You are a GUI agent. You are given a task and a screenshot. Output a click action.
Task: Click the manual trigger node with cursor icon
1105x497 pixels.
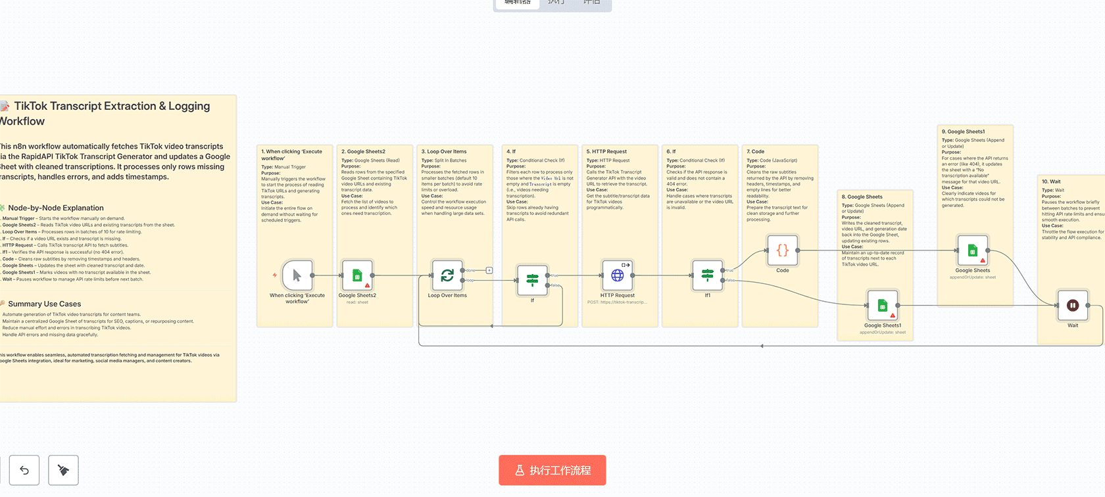(x=297, y=275)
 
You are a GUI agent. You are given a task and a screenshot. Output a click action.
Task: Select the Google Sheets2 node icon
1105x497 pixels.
(x=357, y=275)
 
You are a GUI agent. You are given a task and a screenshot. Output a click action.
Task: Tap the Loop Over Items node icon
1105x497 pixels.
(x=447, y=275)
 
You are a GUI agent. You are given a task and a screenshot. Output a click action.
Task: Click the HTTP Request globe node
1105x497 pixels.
(x=617, y=275)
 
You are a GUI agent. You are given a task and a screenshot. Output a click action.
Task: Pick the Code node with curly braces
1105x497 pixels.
(x=782, y=250)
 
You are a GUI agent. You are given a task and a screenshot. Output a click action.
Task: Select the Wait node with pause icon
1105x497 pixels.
(x=1072, y=305)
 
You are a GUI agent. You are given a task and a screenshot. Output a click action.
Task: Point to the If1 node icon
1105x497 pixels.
(x=708, y=275)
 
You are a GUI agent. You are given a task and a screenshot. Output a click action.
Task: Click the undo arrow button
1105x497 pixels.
(x=24, y=470)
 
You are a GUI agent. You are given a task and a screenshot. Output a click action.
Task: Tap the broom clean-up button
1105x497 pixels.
(x=63, y=470)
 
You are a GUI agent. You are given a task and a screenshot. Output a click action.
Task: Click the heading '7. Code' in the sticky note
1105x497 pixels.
(x=755, y=152)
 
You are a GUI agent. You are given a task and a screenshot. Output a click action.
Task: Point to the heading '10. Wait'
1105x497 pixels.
(x=1051, y=181)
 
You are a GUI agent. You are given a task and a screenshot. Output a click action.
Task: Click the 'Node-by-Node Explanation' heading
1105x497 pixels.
(x=56, y=208)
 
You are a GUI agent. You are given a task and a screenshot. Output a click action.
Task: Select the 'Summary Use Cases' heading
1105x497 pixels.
(x=45, y=304)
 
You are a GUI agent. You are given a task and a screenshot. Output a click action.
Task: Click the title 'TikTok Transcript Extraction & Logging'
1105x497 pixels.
(x=112, y=106)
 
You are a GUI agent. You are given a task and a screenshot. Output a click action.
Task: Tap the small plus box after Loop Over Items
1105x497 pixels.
(x=489, y=270)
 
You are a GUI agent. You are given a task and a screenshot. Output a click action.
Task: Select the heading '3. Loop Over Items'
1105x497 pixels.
(x=443, y=152)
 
